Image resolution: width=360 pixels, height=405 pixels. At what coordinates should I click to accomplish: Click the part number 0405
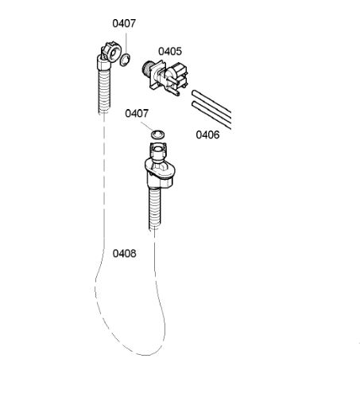point(170,51)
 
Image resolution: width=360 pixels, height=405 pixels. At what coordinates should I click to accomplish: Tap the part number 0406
point(207,134)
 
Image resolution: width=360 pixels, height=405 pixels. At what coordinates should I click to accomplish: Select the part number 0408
point(125,253)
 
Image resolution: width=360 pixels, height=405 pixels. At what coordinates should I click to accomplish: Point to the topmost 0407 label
point(124,23)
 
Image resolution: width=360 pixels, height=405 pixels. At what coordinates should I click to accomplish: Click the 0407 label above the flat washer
point(137,114)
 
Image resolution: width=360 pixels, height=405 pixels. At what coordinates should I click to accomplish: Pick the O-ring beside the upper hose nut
point(125,60)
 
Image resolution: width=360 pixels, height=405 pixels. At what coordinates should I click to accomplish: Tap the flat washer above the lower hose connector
point(158,134)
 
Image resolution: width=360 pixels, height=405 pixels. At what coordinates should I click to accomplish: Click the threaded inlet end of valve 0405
point(146,69)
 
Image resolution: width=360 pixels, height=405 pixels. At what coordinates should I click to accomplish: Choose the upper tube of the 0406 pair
point(211,102)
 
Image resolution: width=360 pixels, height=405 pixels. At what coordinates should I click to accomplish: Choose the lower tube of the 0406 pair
point(211,114)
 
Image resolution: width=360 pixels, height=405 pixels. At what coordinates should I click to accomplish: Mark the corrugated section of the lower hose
point(155,208)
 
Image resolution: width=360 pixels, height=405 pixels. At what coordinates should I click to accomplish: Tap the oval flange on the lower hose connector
point(160,168)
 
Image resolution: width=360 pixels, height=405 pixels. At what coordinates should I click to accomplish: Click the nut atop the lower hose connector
point(158,150)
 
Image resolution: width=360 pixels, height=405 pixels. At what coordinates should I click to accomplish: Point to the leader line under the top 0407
point(126,44)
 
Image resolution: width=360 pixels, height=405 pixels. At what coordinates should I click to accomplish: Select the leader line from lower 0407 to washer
point(147,126)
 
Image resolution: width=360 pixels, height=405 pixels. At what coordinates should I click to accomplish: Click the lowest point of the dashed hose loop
point(145,355)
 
